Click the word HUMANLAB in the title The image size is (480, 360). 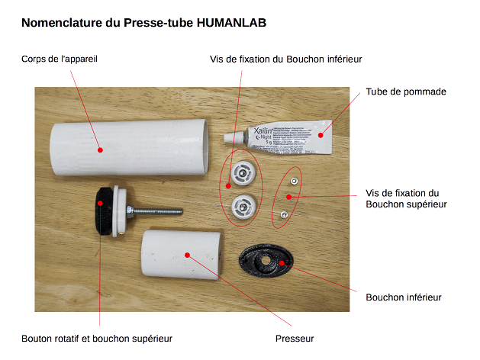[x=231, y=23]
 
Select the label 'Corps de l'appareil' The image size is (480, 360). [x=60, y=58]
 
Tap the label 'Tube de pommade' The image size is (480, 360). [x=406, y=92]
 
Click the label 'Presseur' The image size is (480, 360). [x=294, y=339]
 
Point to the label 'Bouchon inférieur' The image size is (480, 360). [x=404, y=297]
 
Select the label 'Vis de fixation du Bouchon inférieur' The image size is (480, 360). [x=285, y=58]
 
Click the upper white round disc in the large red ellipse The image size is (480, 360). [x=241, y=175]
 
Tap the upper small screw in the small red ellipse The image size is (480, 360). [x=293, y=182]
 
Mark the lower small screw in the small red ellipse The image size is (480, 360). [x=283, y=216]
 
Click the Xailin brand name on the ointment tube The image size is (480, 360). [x=256, y=133]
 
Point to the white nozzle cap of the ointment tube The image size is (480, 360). [x=228, y=139]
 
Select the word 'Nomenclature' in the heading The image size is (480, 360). [x=63, y=23]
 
